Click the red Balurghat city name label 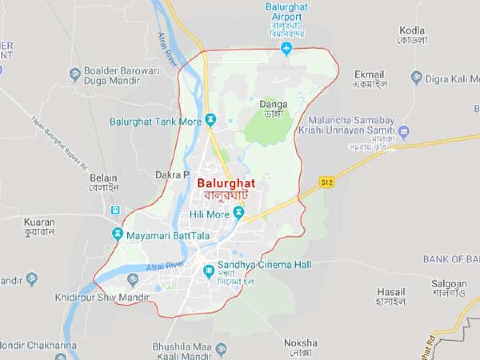pyautogui.click(x=226, y=184)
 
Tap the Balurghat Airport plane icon pyautogui.click(x=286, y=49)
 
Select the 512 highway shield pyautogui.click(x=326, y=182)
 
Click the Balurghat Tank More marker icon pyautogui.click(x=210, y=119)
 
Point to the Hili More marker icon pyautogui.click(x=239, y=212)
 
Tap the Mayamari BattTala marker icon pyautogui.click(x=118, y=233)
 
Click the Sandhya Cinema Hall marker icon pyautogui.click(x=208, y=271)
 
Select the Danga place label pyautogui.click(x=274, y=104)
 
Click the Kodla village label pyautogui.click(x=412, y=30)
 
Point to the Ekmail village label pyautogui.click(x=369, y=75)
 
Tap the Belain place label pyautogui.click(x=104, y=178)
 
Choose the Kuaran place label pyautogui.click(x=39, y=222)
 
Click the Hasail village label pyautogui.click(x=391, y=292)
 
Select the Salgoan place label pyautogui.click(x=449, y=284)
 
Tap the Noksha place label pyautogui.click(x=301, y=343)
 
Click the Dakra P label pyautogui.click(x=172, y=175)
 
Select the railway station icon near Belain pyautogui.click(x=116, y=210)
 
